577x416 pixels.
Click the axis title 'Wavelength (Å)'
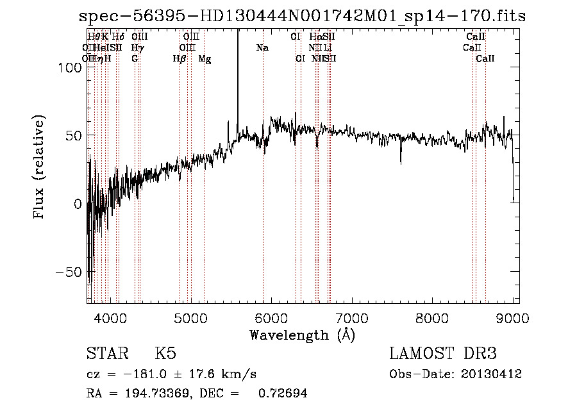click(302, 335)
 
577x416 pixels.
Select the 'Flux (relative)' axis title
click(40, 168)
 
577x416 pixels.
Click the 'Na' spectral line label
click(262, 47)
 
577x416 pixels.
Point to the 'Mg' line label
click(205, 59)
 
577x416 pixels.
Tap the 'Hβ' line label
click(180, 58)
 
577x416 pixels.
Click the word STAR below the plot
click(106, 354)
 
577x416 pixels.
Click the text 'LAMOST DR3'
click(442, 354)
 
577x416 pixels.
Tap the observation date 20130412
click(490, 374)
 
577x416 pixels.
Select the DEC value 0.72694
click(282, 394)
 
